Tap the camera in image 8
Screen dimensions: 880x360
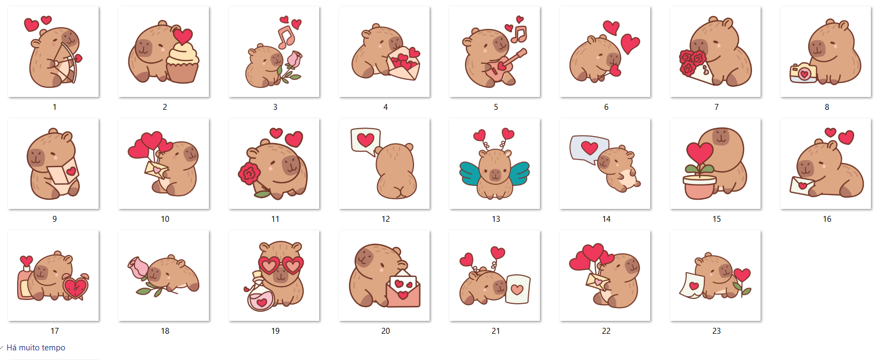tap(803, 73)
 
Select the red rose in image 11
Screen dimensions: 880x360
tap(249, 175)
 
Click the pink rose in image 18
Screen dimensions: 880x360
tap(138, 267)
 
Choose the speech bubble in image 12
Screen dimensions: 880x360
tap(365, 141)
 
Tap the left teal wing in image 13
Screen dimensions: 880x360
tap(474, 173)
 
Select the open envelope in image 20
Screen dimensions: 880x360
tap(403, 289)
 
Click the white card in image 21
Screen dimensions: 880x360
tap(518, 289)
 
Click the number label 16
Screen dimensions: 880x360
tap(827, 219)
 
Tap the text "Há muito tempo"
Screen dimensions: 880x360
tap(36, 348)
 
